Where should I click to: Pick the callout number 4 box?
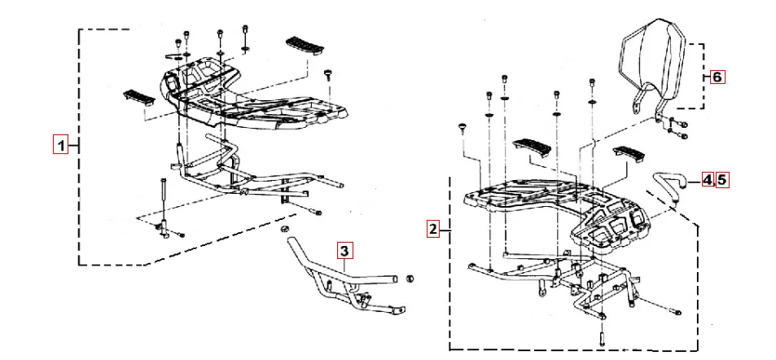pos(708,179)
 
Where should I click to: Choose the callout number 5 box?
pos(721,179)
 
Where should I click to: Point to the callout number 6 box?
pos(717,77)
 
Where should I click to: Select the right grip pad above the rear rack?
pos(629,153)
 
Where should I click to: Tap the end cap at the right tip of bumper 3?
pos(410,279)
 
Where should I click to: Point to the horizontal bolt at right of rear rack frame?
pos(673,310)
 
